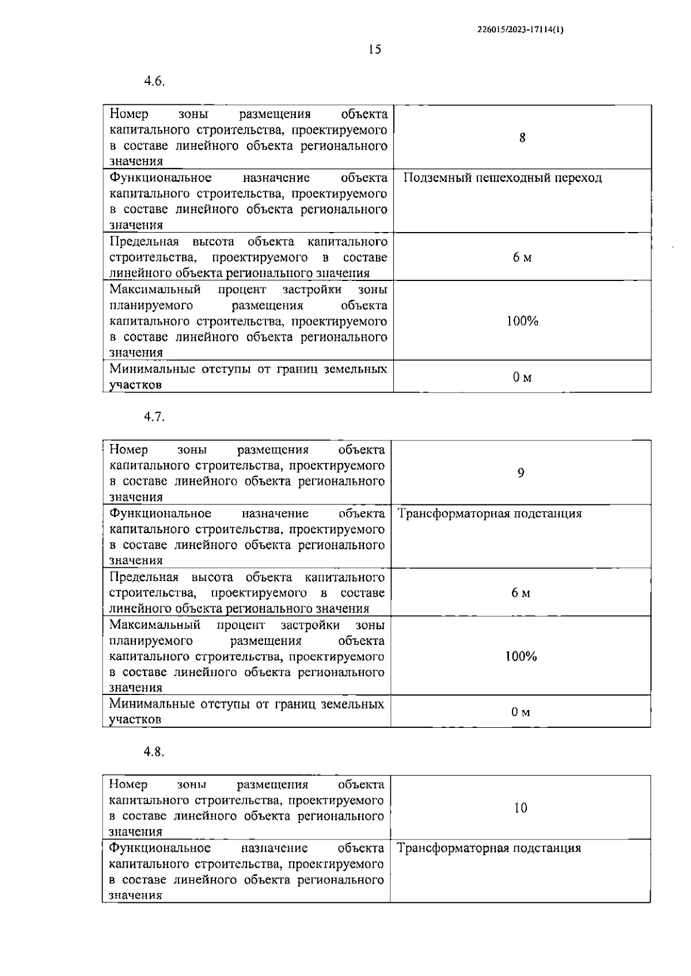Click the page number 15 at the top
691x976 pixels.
tap(374, 50)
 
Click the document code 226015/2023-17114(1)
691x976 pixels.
tap(520, 31)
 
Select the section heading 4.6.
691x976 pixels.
tap(154, 81)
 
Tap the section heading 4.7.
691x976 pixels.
tap(154, 417)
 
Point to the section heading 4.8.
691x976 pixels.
tap(154, 752)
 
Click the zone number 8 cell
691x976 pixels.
tap(522, 138)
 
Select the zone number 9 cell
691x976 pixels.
tap(521, 473)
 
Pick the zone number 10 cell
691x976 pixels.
tap(520, 808)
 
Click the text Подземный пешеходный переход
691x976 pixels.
tap(502, 178)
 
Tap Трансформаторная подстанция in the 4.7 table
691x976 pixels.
tap(489, 514)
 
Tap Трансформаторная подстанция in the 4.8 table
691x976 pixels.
tap(489, 848)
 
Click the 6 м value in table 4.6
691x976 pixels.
tap(522, 257)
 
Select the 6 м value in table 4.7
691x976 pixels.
tap(521, 593)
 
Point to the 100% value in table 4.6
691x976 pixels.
tap(522, 321)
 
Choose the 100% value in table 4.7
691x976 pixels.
tap(521, 656)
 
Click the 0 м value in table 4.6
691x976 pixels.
tap(522, 377)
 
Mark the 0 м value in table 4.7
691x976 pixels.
tap(521, 712)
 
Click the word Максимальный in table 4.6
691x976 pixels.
tap(155, 289)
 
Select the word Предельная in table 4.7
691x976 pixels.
tap(144, 577)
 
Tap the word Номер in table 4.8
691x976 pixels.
tap(128, 785)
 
